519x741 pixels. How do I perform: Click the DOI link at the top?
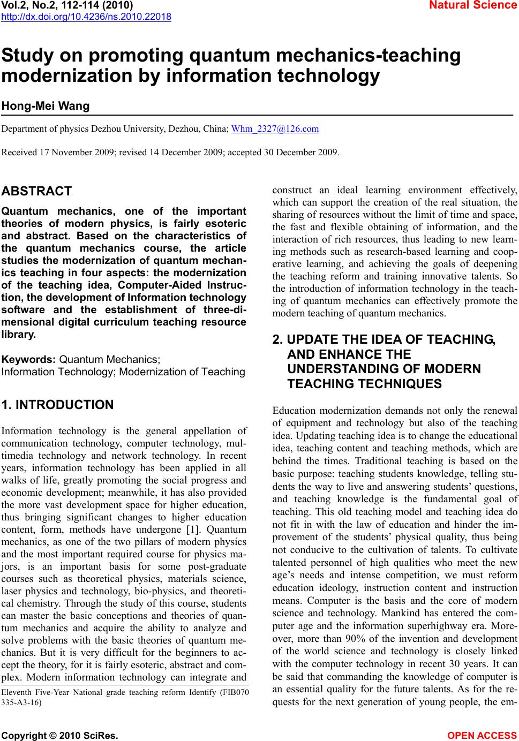pos(86,17)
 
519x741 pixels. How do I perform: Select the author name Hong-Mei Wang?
pos(46,106)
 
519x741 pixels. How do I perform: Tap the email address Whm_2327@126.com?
pos(275,129)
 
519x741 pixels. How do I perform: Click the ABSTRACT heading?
pos(36,191)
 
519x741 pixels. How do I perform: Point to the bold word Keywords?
pos(29,359)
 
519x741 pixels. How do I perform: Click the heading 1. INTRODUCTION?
pos(58,405)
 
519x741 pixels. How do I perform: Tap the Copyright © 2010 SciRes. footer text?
pos(60,736)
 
